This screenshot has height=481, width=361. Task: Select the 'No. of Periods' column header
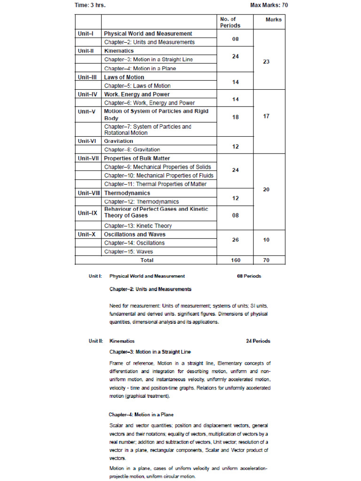tap(230, 22)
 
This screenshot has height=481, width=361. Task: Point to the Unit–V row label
tap(88, 111)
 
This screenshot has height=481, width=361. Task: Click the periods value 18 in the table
tap(235, 117)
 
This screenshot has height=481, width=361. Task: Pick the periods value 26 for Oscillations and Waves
tap(235, 240)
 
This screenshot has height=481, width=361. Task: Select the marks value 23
tap(266, 62)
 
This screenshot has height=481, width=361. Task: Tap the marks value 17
tap(266, 116)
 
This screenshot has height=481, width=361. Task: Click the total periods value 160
tap(235, 260)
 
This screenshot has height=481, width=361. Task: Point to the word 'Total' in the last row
tap(147, 260)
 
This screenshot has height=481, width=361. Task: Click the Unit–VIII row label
tap(89, 193)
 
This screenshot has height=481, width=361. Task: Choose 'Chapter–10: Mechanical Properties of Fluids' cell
tap(158, 175)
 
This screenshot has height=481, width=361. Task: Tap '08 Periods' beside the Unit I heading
tap(249, 276)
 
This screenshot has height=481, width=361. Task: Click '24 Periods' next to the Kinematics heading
tap(258, 341)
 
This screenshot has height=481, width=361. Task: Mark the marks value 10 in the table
tap(266, 240)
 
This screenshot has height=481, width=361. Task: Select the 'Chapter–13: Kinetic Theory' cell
tap(138, 225)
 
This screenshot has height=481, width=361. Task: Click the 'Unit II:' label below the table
tap(95, 341)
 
